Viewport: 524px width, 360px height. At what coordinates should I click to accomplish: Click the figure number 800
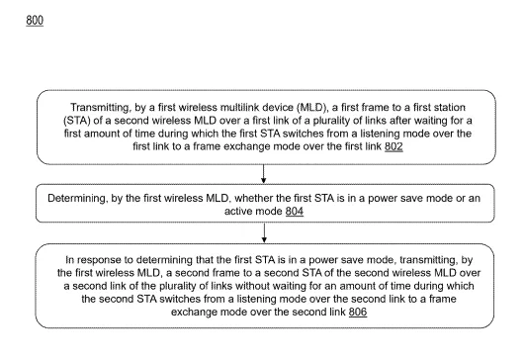coord(35,21)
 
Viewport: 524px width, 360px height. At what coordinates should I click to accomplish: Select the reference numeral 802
coord(393,146)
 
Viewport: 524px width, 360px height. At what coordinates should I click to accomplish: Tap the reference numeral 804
coord(295,212)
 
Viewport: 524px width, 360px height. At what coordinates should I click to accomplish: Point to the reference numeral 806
coord(358,312)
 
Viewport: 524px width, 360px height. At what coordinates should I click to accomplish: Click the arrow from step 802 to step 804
coord(264,174)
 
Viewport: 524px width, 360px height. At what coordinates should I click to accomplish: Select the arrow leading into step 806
coord(264,233)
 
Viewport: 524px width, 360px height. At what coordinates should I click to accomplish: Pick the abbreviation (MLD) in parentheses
coord(311,107)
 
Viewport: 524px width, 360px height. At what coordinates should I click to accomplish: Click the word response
coord(97,260)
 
